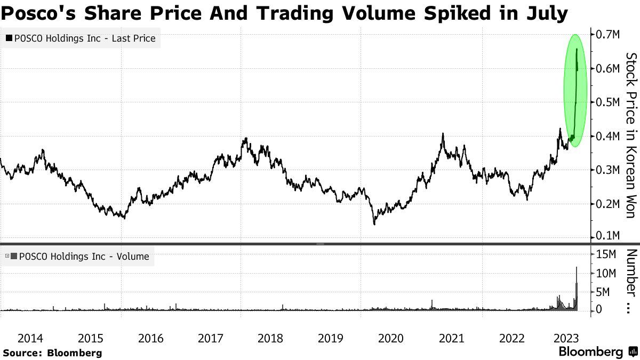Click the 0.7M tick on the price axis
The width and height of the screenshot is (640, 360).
(x=607, y=35)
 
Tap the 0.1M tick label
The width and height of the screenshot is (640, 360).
(x=607, y=236)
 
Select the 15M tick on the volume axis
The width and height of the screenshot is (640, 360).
(x=607, y=254)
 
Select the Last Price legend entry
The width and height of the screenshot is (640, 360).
(x=82, y=38)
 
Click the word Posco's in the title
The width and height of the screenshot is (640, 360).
(x=37, y=12)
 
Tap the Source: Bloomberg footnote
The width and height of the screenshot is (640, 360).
(x=52, y=353)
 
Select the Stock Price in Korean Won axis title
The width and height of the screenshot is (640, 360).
(x=630, y=135)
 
